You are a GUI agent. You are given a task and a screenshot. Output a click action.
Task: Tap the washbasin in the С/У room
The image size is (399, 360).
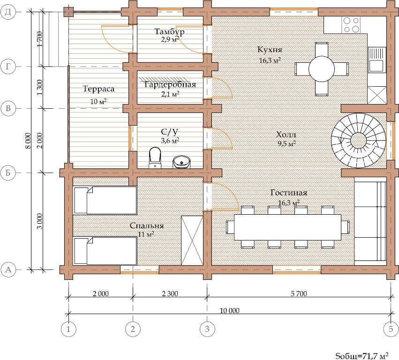click(181, 162)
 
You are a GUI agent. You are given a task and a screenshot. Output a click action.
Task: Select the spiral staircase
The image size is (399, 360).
click(358, 140)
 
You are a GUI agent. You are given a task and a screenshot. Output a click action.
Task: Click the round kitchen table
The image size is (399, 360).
click(321, 69)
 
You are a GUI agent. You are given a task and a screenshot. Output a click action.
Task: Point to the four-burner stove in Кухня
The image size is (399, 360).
click(351, 25)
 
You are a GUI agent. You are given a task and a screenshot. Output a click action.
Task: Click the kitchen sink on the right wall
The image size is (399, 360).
click(377, 60)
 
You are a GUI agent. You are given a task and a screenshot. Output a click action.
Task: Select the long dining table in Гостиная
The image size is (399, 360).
click(287, 227)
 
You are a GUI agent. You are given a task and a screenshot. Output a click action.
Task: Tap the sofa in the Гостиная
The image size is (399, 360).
click(370, 221)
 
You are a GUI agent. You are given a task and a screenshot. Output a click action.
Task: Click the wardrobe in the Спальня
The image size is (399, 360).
click(192, 240)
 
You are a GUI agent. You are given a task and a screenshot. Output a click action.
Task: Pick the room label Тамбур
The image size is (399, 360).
click(169, 31)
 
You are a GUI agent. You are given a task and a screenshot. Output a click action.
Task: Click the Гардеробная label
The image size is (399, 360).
click(170, 84)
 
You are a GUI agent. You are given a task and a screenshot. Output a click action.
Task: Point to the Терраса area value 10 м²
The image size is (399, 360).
click(98, 102)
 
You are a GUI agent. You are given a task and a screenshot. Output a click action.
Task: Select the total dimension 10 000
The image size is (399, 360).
click(230, 311)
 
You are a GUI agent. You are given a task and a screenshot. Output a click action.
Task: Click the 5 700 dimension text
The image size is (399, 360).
click(299, 293)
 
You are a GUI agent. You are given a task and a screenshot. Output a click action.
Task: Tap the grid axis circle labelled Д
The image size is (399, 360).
click(8, 12)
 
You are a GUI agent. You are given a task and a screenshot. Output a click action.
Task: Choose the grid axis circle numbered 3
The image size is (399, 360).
click(207, 329)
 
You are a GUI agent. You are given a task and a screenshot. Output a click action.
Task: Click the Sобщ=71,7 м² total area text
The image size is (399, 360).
click(362, 356)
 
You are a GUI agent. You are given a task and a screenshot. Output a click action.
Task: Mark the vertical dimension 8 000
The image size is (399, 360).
click(28, 141)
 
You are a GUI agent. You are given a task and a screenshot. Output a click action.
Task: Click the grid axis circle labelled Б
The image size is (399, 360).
click(8, 173)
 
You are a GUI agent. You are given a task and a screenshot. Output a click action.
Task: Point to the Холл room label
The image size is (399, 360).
click(286, 135)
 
